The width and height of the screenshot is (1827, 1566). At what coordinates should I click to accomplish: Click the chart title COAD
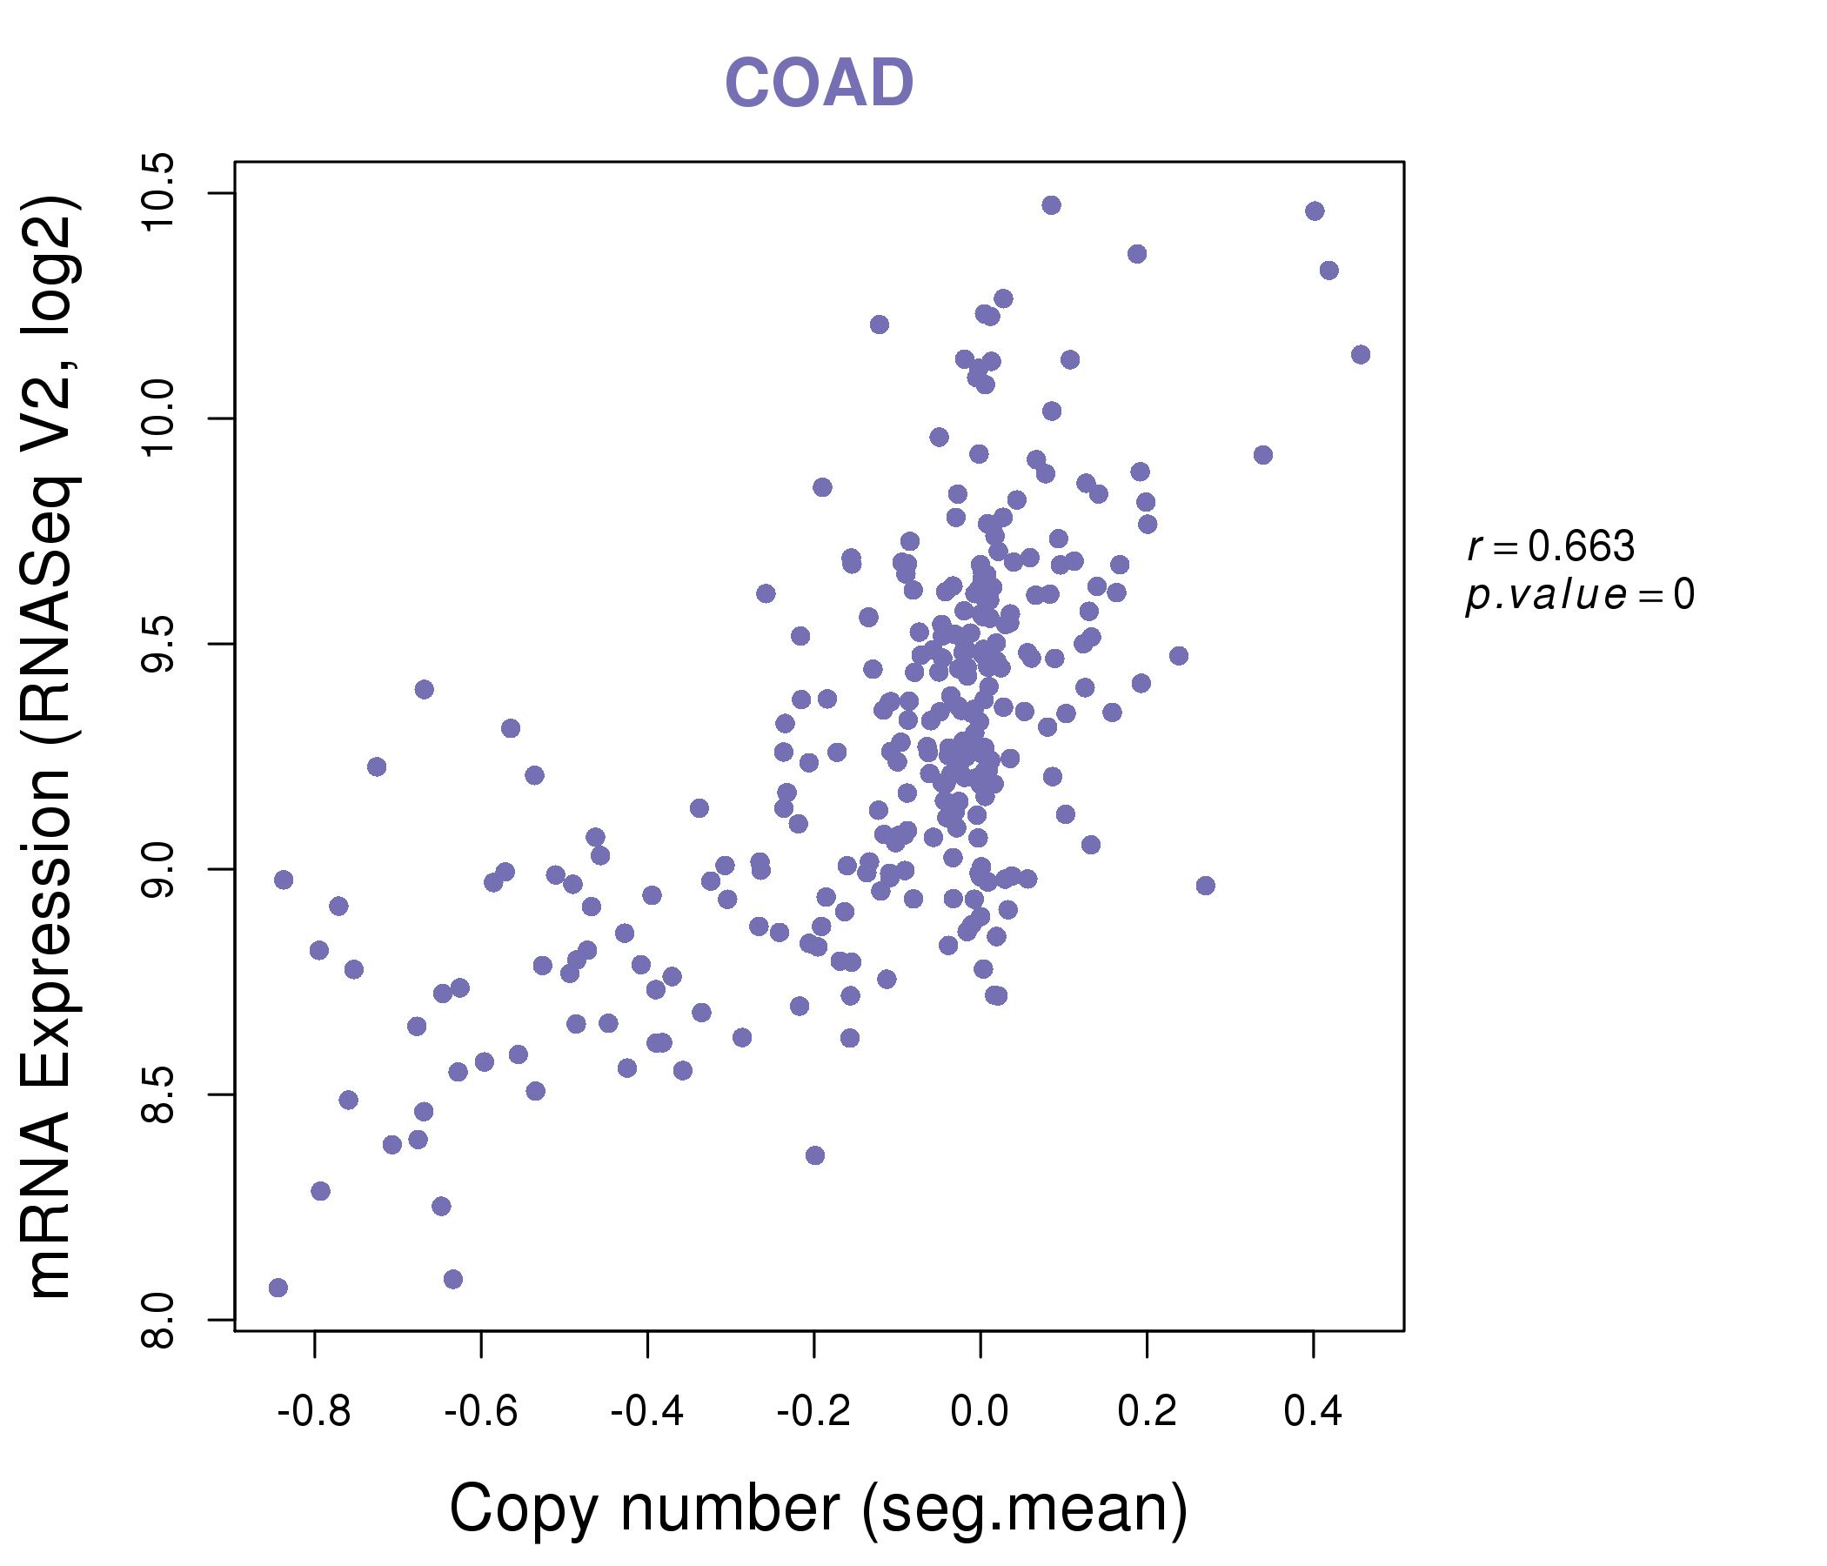click(819, 84)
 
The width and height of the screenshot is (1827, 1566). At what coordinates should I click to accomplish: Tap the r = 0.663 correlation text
click(1550, 546)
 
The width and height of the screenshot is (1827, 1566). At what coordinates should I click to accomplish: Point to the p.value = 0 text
click(1579, 595)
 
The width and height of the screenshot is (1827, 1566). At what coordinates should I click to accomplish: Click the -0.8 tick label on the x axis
click(314, 1412)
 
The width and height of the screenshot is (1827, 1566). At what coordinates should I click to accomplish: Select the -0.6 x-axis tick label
click(480, 1412)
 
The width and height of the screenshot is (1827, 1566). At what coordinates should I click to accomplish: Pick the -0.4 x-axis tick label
click(647, 1412)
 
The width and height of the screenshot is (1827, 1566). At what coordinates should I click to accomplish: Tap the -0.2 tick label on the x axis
click(813, 1412)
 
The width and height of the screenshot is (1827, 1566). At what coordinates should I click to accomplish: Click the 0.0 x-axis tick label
click(980, 1412)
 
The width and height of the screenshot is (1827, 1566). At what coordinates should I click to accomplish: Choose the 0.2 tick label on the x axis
click(1147, 1412)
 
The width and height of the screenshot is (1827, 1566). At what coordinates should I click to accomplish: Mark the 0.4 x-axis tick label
click(1313, 1412)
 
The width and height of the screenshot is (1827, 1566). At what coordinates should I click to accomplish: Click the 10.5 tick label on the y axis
click(159, 192)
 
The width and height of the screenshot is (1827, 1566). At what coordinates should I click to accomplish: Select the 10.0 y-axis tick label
click(159, 418)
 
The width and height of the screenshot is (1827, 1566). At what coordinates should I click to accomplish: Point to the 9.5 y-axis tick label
click(159, 644)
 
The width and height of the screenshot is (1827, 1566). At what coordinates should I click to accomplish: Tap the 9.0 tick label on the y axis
click(159, 869)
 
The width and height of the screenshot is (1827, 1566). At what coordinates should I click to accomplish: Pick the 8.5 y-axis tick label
click(159, 1095)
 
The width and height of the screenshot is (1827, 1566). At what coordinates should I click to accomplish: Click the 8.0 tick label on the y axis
click(159, 1320)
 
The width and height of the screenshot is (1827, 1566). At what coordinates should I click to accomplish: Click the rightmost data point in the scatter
click(1361, 354)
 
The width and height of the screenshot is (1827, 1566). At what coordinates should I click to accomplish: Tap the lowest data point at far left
click(278, 1288)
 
